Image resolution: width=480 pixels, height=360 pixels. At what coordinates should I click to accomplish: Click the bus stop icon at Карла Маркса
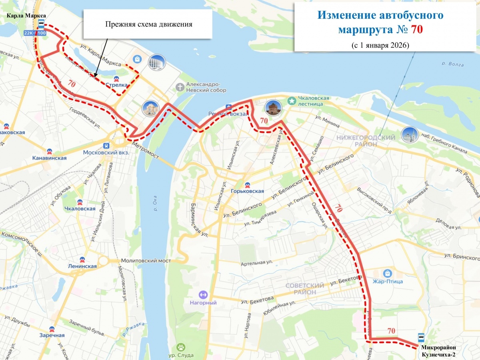[x=40, y=23]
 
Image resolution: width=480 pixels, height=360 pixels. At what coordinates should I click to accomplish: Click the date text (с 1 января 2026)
[x=380, y=45]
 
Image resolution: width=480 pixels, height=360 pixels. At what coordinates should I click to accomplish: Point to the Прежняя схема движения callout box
[x=148, y=24]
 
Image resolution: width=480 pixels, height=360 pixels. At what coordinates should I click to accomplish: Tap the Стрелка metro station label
[x=116, y=85]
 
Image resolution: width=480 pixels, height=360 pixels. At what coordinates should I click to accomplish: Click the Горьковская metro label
[x=247, y=191]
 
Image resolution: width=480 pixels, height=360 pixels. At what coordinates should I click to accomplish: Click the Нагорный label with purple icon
[x=203, y=302]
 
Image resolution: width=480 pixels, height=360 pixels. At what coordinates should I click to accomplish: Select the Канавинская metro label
[x=49, y=158]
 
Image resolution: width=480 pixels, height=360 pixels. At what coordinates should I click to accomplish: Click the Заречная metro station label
[x=52, y=335]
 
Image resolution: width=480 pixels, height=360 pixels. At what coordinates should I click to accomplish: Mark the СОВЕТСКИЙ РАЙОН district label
[x=305, y=289]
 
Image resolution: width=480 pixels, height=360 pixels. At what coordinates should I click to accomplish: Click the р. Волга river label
[x=453, y=64]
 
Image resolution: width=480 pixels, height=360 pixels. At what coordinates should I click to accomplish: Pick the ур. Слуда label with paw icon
[x=181, y=355]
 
